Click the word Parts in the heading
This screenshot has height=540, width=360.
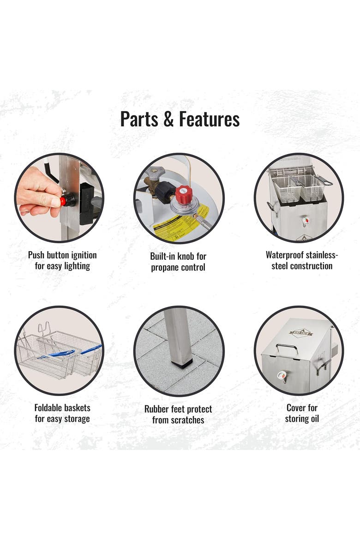click(139, 119)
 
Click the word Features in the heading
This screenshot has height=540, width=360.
click(209, 119)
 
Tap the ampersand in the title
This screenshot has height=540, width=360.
click(168, 119)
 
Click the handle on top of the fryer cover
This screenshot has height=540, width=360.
click(287, 348)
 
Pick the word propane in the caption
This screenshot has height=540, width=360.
click(164, 268)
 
